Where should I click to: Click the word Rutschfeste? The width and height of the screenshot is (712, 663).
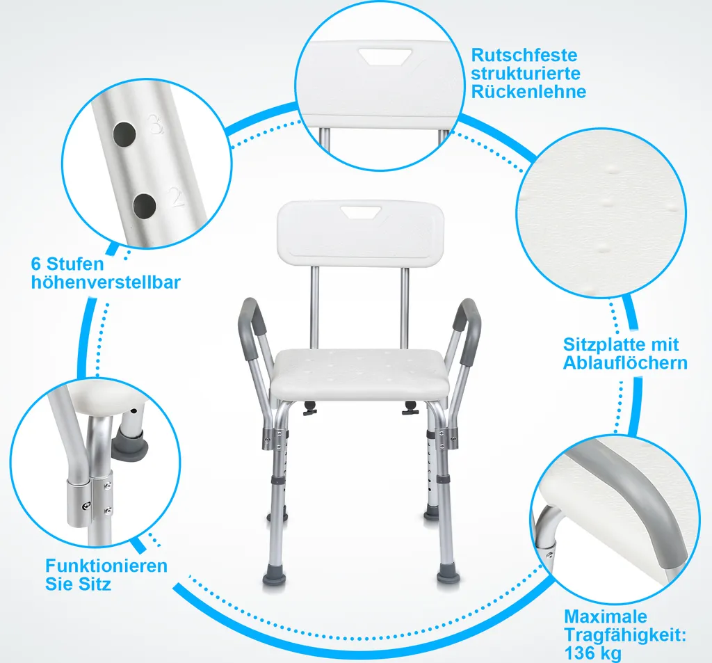pyautogui.click(x=524, y=56)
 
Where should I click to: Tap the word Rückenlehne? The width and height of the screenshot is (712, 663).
pyautogui.click(x=528, y=92)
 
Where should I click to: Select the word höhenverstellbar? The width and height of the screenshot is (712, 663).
pyautogui.click(x=106, y=282)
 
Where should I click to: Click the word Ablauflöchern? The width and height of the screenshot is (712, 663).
pyautogui.click(x=625, y=363)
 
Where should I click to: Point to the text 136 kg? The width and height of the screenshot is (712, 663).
pyautogui.click(x=592, y=653)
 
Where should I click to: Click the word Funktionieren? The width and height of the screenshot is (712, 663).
pyautogui.click(x=106, y=566)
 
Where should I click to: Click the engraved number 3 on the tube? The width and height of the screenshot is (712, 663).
pyautogui.click(x=155, y=125)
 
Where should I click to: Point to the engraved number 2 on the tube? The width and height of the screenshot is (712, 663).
pyautogui.click(x=176, y=197)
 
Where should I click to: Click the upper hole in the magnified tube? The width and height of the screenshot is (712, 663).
pyautogui.click(x=124, y=134)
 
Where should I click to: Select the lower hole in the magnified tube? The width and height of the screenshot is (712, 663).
pyautogui.click(x=145, y=207)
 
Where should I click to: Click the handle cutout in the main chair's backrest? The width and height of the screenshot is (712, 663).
pyautogui.click(x=361, y=211)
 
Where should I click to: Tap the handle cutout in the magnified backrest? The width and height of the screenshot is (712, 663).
pyautogui.click(x=385, y=56)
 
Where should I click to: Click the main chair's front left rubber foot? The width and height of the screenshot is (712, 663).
pyautogui.click(x=274, y=578)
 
